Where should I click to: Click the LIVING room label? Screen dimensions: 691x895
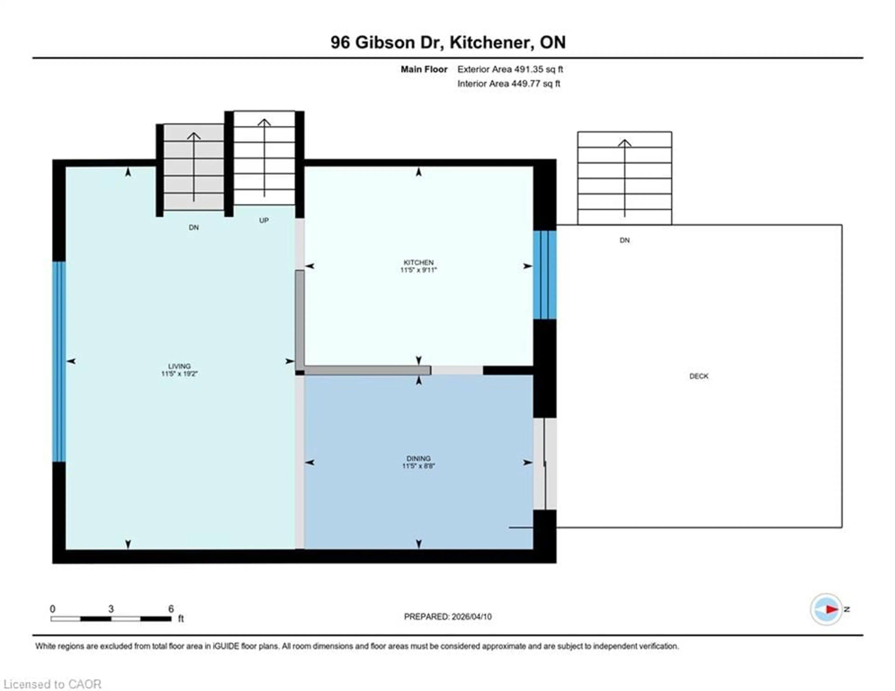(x=179, y=366)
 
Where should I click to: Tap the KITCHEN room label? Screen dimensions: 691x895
(x=418, y=262)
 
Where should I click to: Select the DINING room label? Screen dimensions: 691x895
(x=418, y=458)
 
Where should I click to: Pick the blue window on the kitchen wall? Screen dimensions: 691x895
(x=545, y=275)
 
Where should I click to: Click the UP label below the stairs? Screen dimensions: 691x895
(x=264, y=221)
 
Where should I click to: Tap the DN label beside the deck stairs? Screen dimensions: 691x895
(x=625, y=240)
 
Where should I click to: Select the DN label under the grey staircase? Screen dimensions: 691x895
(x=194, y=228)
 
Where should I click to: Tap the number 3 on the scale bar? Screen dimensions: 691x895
(x=111, y=609)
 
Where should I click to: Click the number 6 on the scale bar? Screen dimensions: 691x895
(x=171, y=609)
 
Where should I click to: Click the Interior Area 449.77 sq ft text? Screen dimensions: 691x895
(x=509, y=84)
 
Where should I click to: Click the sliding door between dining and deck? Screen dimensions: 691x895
(x=545, y=463)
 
